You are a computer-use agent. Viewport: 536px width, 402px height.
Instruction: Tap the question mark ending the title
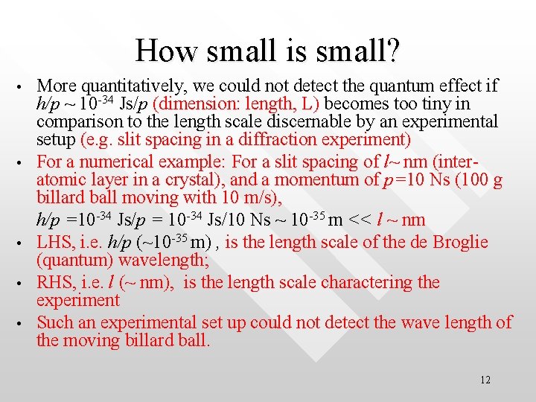click(x=392, y=51)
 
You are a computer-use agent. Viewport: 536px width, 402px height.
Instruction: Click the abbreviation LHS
click(x=54, y=242)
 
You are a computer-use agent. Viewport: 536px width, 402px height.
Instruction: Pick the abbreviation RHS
click(x=54, y=282)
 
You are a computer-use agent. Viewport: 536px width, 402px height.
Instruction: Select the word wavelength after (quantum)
click(x=170, y=260)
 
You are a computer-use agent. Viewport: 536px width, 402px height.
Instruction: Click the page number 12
click(x=485, y=380)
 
